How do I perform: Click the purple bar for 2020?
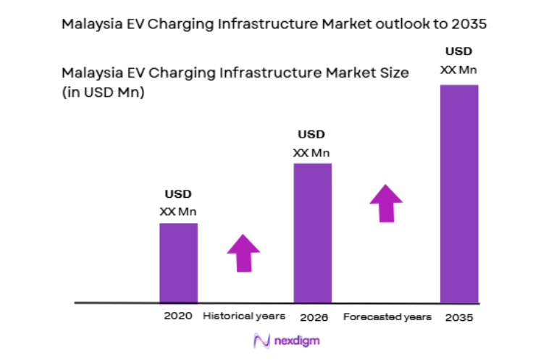pyautogui.click(x=178, y=262)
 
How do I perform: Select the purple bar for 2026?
pyautogui.click(x=312, y=232)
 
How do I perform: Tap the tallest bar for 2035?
pyautogui.click(x=459, y=193)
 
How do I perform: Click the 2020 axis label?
pyautogui.click(x=177, y=317)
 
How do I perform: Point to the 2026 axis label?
pyautogui.click(x=314, y=317)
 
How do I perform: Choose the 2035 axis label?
pyautogui.click(x=459, y=317)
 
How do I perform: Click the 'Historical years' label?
pyautogui.click(x=244, y=317)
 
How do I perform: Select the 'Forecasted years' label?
pyautogui.click(x=387, y=317)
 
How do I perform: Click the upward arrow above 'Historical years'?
pyautogui.click(x=243, y=253)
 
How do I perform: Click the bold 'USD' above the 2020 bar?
pyautogui.click(x=178, y=194)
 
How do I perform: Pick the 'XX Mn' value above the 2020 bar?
pyautogui.click(x=178, y=212)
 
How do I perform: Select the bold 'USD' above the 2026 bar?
pyautogui.click(x=311, y=134)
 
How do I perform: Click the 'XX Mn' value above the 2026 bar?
pyautogui.click(x=311, y=152)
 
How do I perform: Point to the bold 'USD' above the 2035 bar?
pyautogui.click(x=459, y=51)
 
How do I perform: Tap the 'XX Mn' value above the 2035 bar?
pyautogui.click(x=459, y=70)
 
